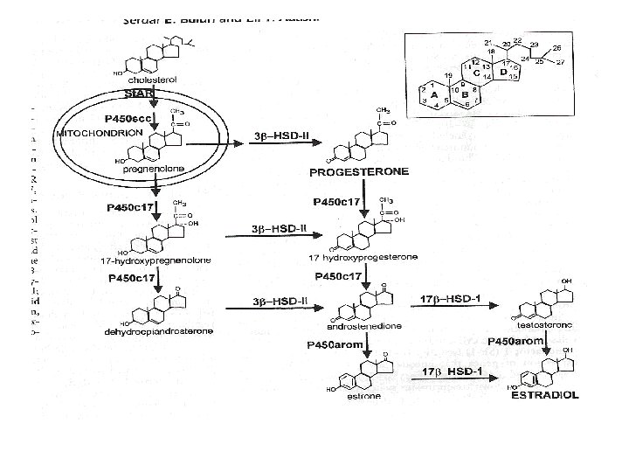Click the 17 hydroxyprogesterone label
363,256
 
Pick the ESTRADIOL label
545,395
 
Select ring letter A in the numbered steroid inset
433,95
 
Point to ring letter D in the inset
502,72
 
